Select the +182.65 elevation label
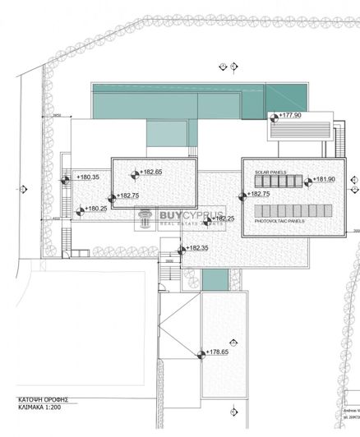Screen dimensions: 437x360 tap(152, 172)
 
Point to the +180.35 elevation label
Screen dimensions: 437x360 tap(89, 177)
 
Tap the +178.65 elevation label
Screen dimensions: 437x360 tap(218, 351)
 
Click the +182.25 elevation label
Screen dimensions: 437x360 tap(224, 218)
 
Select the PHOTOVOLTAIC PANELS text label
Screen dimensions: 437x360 tap(279, 221)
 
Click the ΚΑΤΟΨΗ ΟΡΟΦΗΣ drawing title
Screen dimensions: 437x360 tap(43, 399)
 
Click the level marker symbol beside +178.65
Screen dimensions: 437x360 tap(201, 354)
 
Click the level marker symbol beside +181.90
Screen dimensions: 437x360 tap(309, 182)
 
